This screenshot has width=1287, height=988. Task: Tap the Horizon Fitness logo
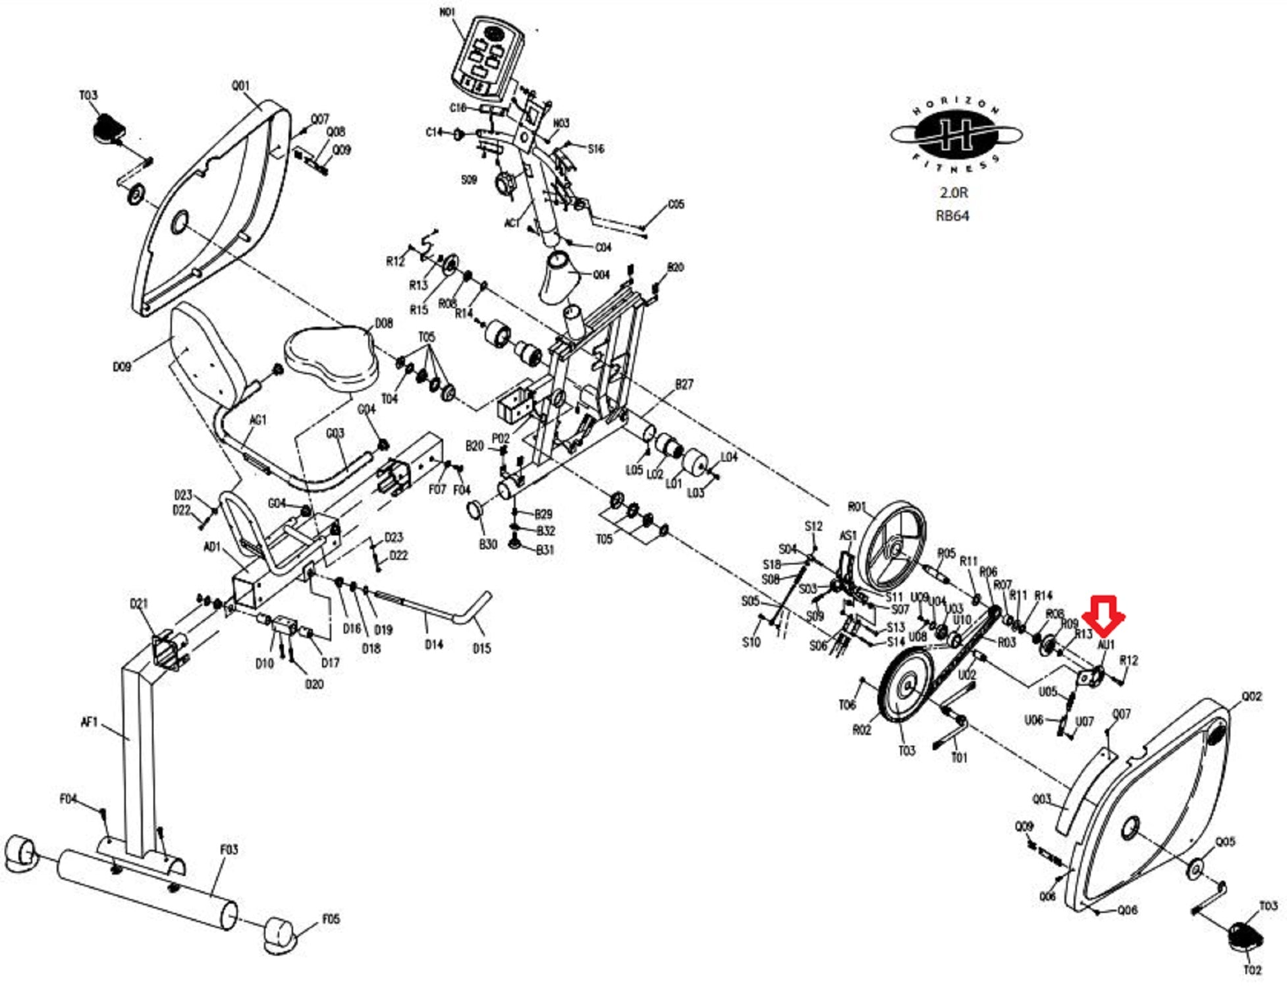[x=955, y=135]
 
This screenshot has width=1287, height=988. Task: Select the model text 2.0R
[x=954, y=192]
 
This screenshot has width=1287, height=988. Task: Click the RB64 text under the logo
[x=952, y=215]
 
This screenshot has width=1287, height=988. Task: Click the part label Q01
[x=240, y=86]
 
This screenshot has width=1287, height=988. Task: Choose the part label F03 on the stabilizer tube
[x=229, y=850]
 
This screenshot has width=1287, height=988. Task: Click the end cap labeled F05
[x=331, y=919]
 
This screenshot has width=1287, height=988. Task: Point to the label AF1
[x=89, y=723]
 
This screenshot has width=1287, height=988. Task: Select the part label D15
[x=481, y=648]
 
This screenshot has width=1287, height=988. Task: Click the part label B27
[x=684, y=384]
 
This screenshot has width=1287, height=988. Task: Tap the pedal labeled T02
[x=1246, y=935]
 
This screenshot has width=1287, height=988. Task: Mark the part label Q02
[x=1251, y=696]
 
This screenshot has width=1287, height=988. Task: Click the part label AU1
[x=1106, y=644]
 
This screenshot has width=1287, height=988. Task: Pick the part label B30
[x=487, y=544]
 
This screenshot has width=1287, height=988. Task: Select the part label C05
[x=676, y=204]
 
